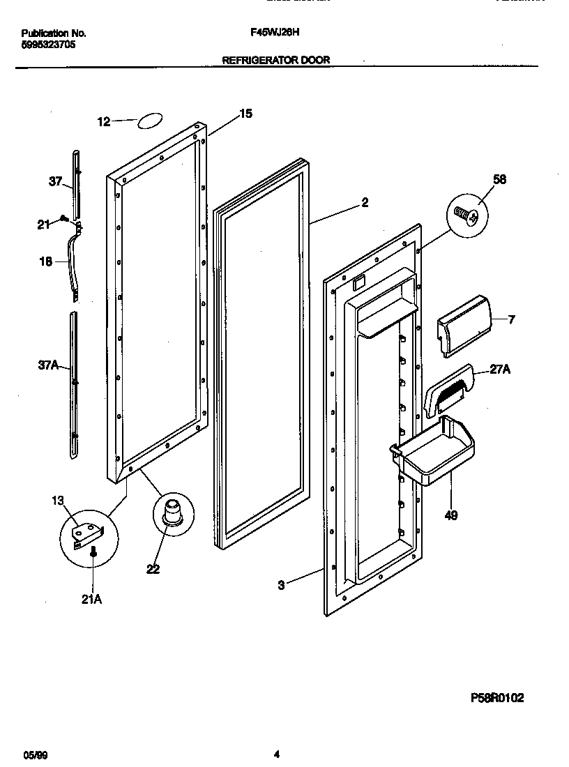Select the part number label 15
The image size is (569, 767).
[245, 114]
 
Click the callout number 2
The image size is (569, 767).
[364, 203]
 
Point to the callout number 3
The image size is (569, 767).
[281, 586]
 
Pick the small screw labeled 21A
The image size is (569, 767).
[93, 553]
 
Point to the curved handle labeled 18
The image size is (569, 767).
[72, 265]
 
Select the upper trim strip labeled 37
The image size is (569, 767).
[76, 183]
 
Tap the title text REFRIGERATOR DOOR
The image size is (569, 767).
[275, 61]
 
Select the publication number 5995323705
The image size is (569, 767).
[49, 45]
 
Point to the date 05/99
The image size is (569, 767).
[34, 754]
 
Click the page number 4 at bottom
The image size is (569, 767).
[277, 754]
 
